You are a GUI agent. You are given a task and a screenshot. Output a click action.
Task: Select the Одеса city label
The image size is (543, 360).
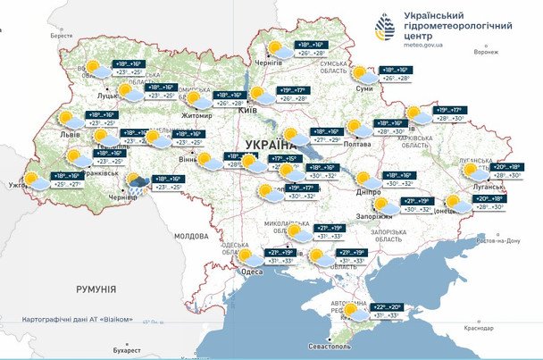coord(253,272)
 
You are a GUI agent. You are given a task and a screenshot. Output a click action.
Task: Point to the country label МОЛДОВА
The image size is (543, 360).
coord(191,236)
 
